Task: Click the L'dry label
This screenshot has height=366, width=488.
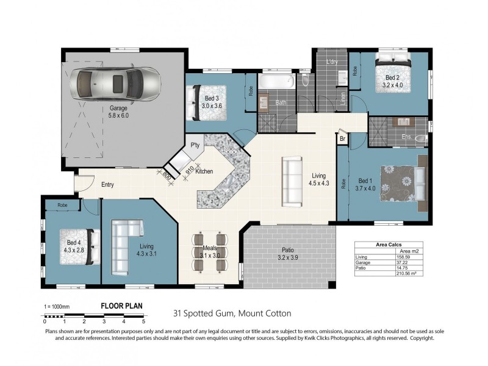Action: coord(332,62)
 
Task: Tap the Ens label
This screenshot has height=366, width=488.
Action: coord(406,138)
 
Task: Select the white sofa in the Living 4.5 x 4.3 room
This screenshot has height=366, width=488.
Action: coord(292,181)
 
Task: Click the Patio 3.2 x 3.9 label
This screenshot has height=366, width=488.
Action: coord(289,254)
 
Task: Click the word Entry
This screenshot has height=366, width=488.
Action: coord(107,184)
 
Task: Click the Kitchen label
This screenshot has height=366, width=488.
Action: coord(204,171)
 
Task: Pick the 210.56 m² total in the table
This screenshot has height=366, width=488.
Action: coord(407,274)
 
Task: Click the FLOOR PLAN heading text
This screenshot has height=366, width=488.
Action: coord(122,307)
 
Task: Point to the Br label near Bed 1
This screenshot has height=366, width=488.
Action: coord(342,138)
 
